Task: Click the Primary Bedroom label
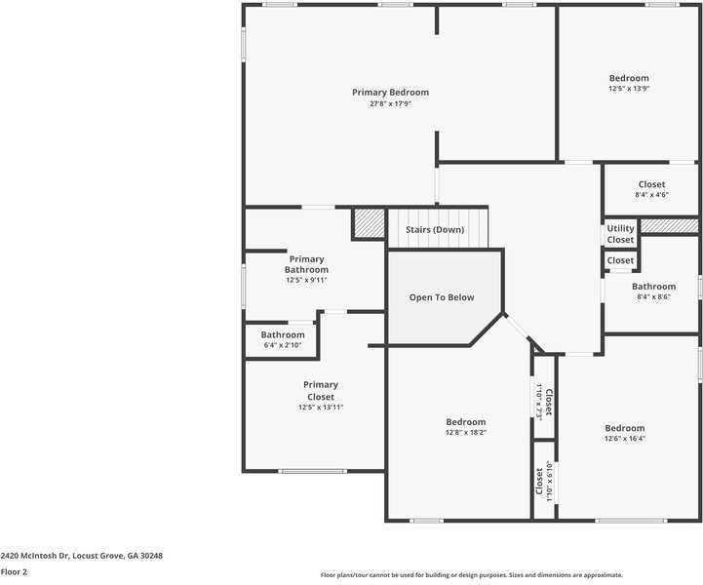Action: point(390,93)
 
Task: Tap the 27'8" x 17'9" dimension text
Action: point(390,104)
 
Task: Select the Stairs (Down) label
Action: point(435,230)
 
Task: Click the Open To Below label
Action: point(442,297)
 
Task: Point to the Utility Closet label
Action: point(620,234)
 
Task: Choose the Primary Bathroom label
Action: point(306,264)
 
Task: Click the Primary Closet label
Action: point(321,390)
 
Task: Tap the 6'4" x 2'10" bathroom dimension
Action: point(282,345)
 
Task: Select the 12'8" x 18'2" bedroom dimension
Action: point(465,433)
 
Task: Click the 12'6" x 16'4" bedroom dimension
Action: point(624,439)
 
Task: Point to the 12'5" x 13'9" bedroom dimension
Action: point(629,89)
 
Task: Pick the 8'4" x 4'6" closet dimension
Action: point(651,195)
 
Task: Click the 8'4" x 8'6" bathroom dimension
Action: point(653,297)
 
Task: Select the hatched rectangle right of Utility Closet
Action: point(669,226)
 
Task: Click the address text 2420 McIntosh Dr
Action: point(82,555)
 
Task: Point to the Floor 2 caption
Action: point(14,571)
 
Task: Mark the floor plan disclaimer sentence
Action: point(472,575)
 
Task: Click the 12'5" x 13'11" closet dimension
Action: point(321,408)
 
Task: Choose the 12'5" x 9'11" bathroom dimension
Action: point(306,280)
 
